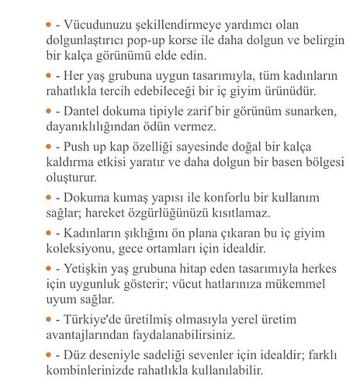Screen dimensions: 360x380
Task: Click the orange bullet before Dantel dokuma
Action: point(50,111)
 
